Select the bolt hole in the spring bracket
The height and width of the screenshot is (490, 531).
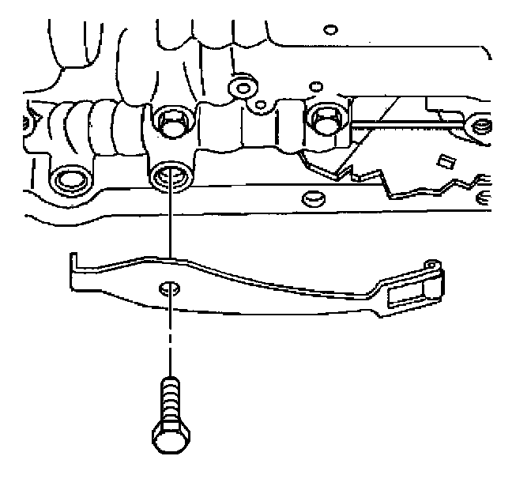(x=168, y=288)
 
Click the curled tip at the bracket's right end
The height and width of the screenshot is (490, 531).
(x=431, y=264)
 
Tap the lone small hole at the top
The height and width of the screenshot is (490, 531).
(x=332, y=30)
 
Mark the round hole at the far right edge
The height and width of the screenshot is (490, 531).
(x=479, y=124)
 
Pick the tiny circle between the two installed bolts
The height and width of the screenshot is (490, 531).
(x=262, y=104)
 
